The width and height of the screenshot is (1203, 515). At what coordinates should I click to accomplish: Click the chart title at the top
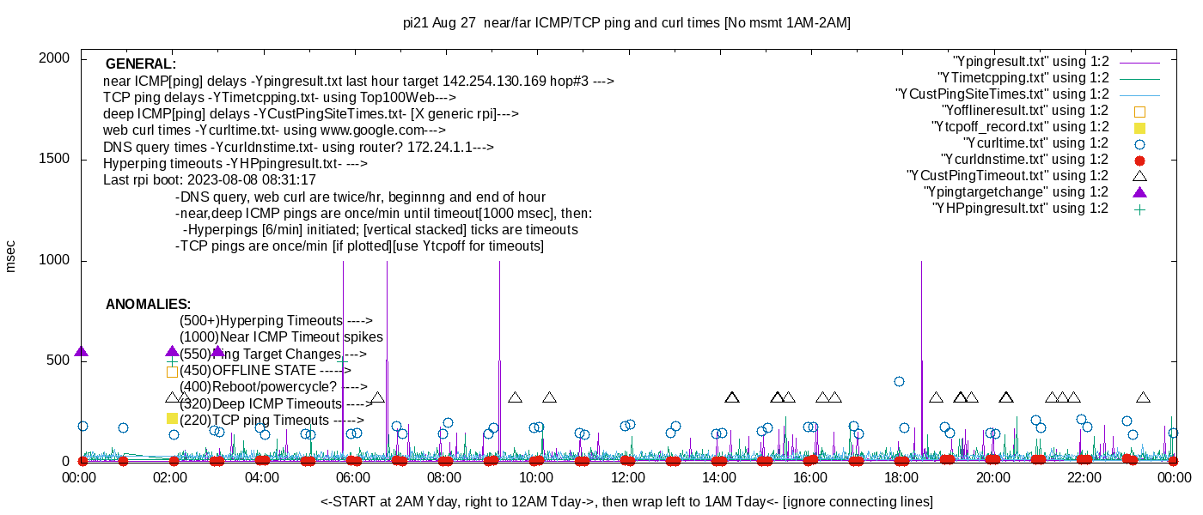626,23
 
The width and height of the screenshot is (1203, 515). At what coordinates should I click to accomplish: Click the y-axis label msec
11,256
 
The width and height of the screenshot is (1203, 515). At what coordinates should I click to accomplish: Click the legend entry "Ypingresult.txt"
1030,62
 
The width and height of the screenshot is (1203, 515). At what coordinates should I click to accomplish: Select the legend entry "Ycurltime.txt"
1035,143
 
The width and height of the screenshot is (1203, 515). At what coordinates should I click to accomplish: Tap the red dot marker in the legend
1139,161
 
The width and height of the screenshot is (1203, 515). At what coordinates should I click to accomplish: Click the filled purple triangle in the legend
1139,191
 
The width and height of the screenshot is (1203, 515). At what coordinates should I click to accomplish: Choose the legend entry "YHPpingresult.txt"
1020,209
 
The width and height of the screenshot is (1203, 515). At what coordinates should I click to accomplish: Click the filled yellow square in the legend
1139,128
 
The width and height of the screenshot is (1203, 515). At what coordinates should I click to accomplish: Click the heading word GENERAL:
141,64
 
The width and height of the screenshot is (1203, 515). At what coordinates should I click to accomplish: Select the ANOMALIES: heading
148,305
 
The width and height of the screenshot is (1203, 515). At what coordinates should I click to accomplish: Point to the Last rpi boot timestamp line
210,180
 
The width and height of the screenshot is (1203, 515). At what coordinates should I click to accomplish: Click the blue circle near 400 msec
899,381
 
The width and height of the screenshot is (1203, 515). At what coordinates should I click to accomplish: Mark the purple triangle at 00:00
82,352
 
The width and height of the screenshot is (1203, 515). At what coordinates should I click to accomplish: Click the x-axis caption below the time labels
626,501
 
